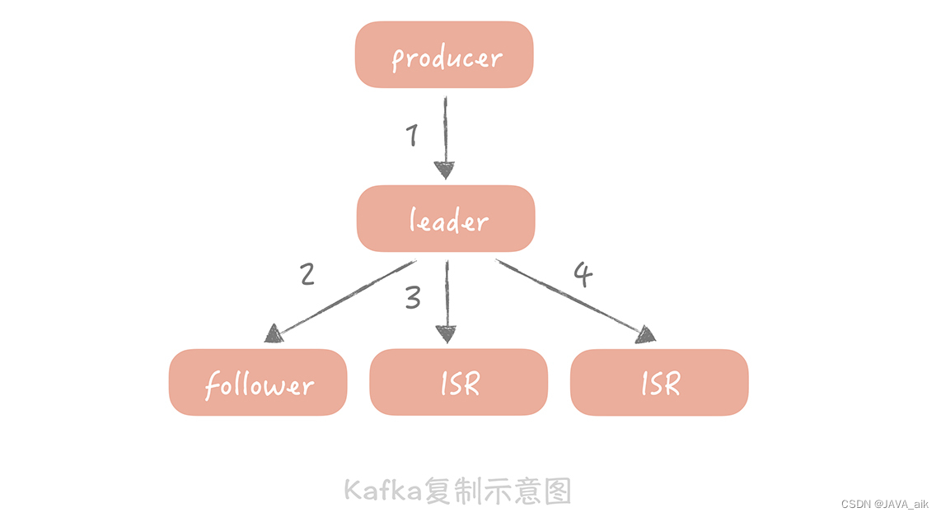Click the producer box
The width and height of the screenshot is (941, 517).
[x=444, y=54]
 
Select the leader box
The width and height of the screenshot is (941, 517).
[x=446, y=219]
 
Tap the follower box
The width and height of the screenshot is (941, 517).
[x=258, y=383]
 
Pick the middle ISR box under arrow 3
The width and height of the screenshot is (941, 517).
[x=458, y=382]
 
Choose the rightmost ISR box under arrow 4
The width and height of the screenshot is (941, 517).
[x=659, y=383]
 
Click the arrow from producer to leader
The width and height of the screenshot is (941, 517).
[x=445, y=132]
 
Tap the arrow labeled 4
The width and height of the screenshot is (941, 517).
[x=569, y=296]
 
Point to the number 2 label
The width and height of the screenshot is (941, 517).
[x=307, y=273]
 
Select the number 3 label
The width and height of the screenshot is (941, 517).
[x=413, y=298]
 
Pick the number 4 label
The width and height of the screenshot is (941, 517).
[x=583, y=275]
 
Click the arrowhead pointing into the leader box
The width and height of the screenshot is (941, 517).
[x=445, y=170]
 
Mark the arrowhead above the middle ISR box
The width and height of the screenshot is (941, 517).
[x=446, y=333]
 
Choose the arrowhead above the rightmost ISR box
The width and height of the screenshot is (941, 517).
[x=647, y=334]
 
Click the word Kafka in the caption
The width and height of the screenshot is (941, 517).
[x=382, y=491]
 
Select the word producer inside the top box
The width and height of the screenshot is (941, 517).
[x=446, y=58]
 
